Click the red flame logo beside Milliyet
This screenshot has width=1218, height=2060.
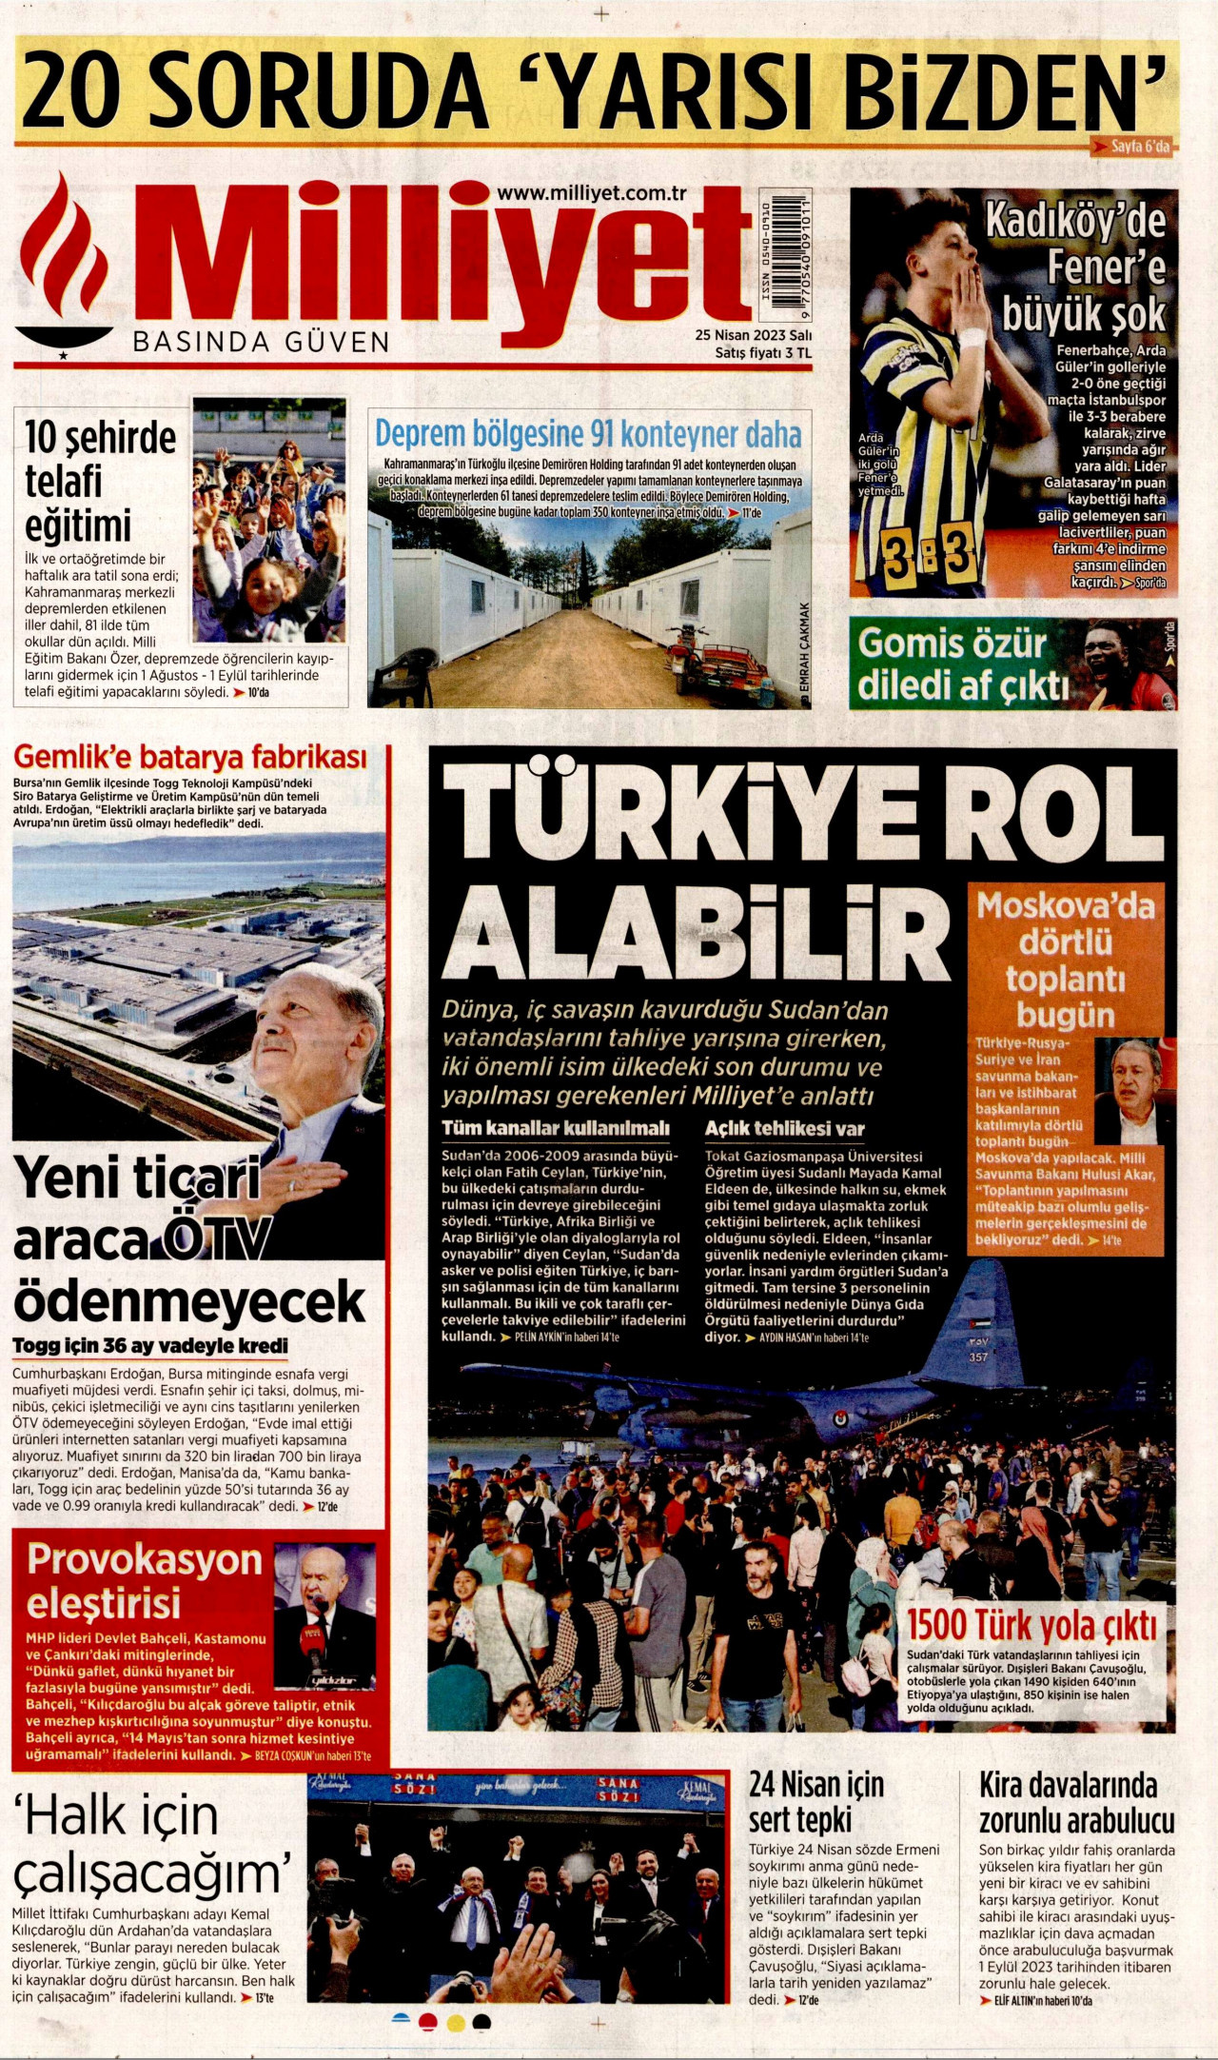pos(65,257)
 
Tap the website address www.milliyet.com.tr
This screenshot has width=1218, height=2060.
pos(591,192)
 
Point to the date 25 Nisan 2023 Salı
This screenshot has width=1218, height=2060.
pos(753,335)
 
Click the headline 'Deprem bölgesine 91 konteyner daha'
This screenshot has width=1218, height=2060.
pos(588,434)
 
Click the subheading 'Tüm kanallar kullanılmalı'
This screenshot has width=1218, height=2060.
pos(556,1129)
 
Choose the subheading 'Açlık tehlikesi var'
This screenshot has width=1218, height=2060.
pos(784,1129)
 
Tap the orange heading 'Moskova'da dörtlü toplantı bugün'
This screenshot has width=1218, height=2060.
pos(1065,960)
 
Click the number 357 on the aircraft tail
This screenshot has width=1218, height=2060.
pos(979,1357)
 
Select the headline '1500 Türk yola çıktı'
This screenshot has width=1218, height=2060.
pos(1031,1625)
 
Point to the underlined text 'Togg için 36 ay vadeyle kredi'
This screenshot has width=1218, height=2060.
pos(150,1346)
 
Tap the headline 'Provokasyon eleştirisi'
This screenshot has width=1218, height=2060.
pos(145,1580)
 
